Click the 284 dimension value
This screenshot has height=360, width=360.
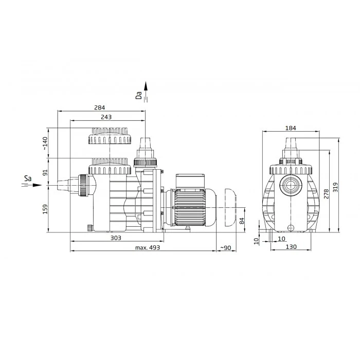99,107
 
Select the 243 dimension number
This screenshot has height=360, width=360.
106,117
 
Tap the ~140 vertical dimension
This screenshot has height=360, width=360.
45,143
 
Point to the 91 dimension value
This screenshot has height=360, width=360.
45,172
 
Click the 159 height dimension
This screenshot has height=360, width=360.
45,209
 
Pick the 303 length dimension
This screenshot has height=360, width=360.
116,238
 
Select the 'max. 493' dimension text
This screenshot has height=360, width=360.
148,247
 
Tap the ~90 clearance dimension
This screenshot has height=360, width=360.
226,248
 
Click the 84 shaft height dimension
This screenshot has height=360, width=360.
242,221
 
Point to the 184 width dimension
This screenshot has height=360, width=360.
291,128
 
